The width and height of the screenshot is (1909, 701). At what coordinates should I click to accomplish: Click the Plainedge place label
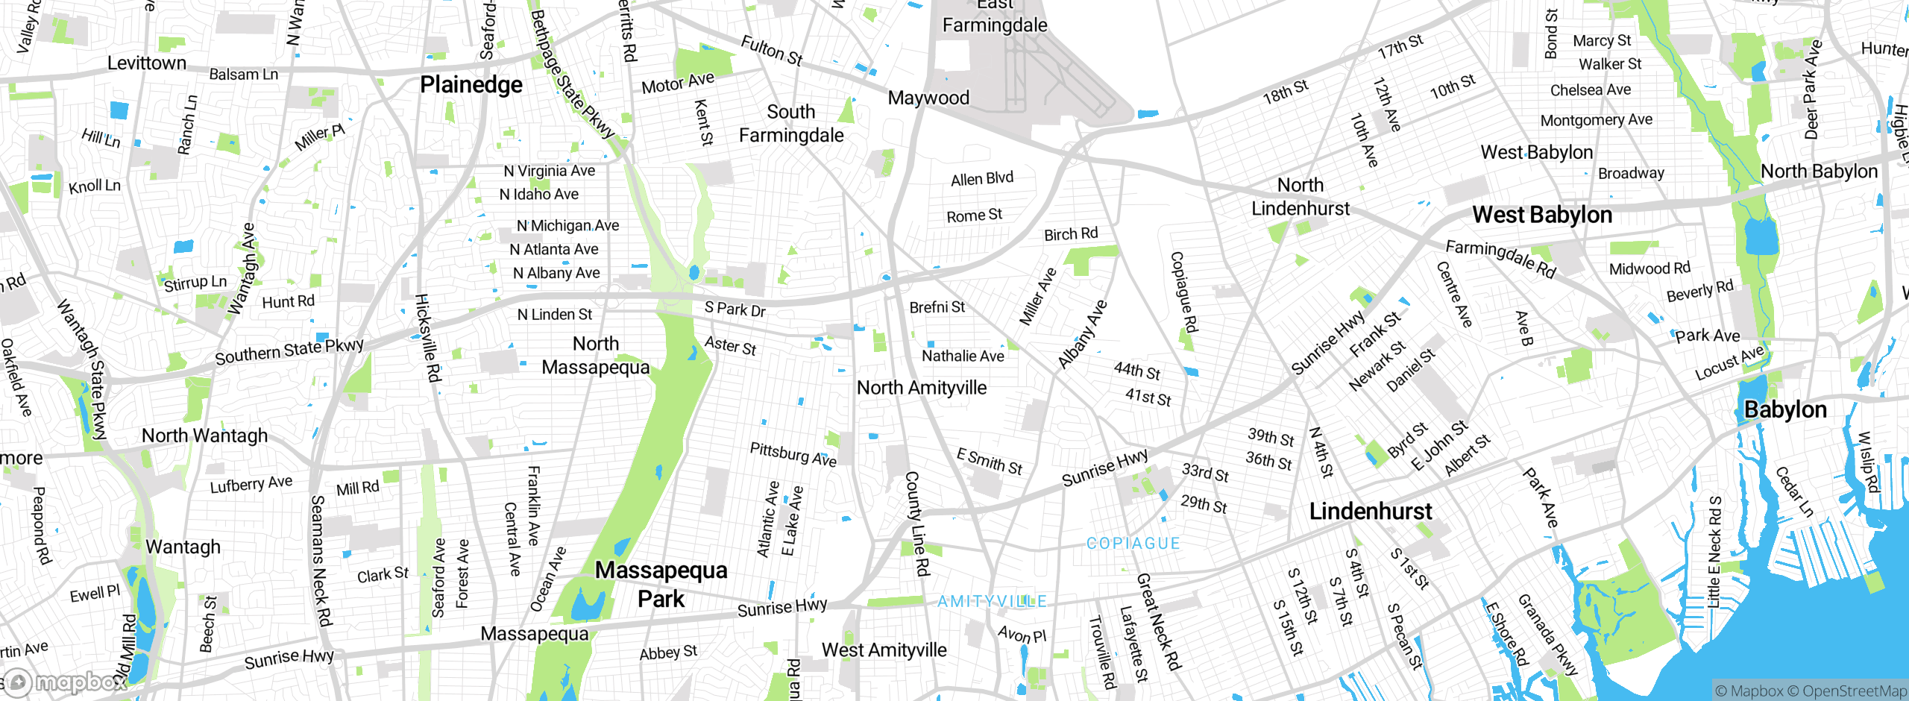tap(471, 85)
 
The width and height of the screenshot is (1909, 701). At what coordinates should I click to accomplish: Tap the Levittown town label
tap(147, 63)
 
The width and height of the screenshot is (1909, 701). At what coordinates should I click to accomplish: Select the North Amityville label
tap(921, 388)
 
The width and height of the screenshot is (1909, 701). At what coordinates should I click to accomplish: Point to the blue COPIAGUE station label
tap(1133, 544)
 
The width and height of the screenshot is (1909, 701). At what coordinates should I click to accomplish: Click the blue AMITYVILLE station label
tap(992, 602)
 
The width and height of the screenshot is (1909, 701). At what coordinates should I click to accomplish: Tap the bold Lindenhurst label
tap(1371, 512)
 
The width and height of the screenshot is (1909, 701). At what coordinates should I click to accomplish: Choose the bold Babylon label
tap(1785, 409)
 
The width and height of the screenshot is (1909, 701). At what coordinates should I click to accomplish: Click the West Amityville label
tap(884, 650)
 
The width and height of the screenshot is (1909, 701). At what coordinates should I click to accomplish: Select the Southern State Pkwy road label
tap(289, 351)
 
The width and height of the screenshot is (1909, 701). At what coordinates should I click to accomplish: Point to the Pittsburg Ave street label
tap(793, 454)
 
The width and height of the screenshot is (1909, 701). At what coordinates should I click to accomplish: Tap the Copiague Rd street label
tap(1183, 292)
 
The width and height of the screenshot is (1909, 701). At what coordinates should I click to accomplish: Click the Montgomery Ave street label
tap(1596, 120)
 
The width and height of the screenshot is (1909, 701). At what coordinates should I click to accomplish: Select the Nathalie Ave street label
tap(963, 356)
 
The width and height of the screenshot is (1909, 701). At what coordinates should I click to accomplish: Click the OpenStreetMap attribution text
tap(1854, 691)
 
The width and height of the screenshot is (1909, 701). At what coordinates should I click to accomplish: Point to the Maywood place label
tap(928, 98)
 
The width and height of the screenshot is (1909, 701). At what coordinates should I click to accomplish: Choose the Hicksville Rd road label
tap(428, 337)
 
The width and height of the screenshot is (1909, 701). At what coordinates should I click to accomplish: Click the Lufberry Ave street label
tap(251, 485)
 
